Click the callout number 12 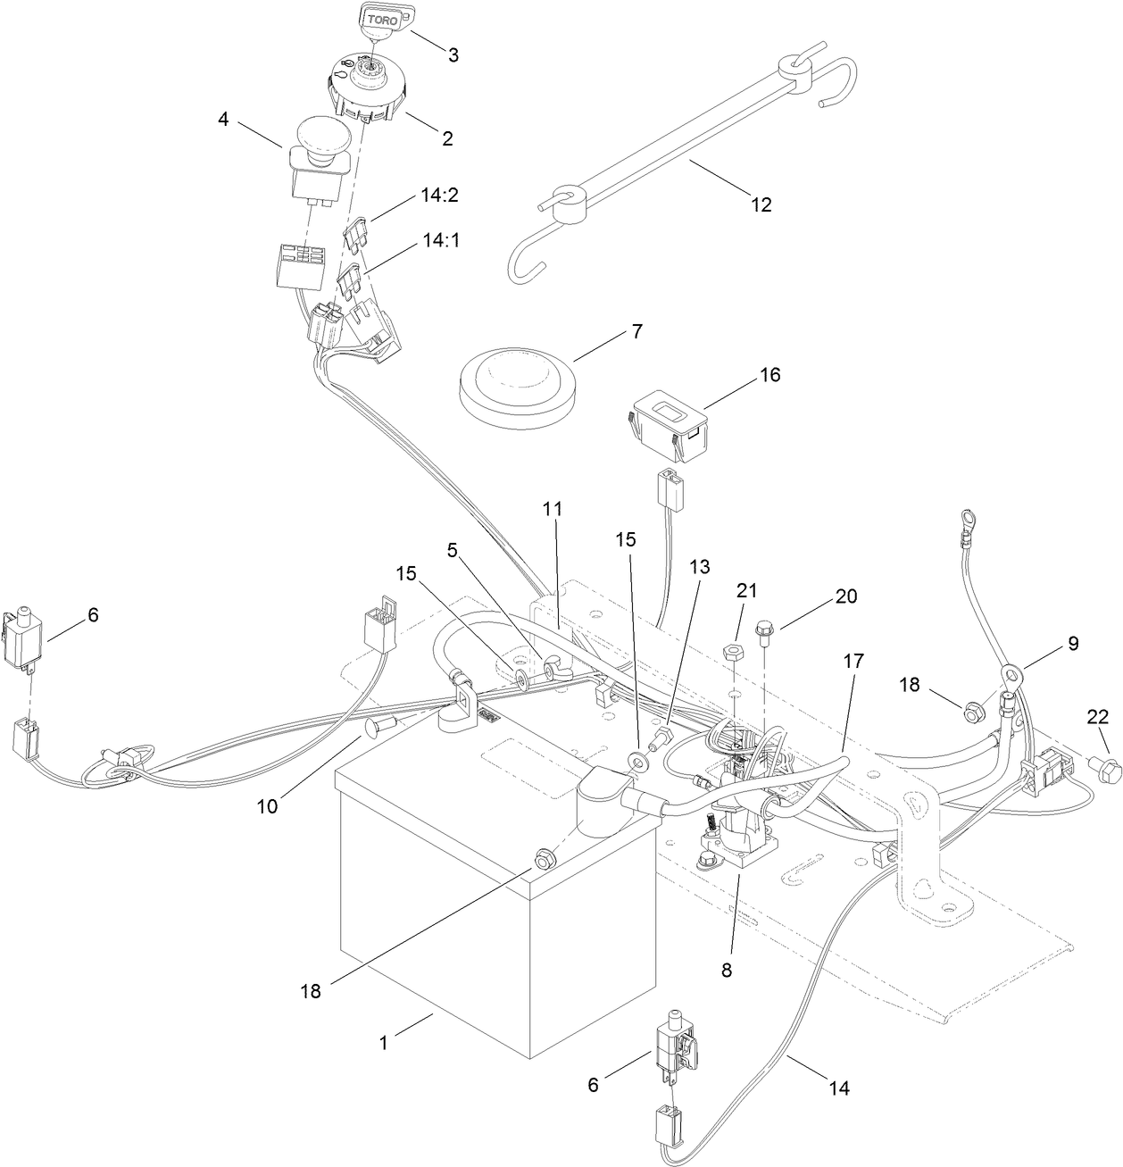click(x=760, y=204)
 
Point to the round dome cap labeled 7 click(x=519, y=381)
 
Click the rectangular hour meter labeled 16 click(x=669, y=426)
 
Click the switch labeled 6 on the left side click(x=25, y=638)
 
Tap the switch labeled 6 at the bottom click(x=677, y=1050)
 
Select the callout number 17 click(x=853, y=662)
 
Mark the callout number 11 click(x=553, y=509)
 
